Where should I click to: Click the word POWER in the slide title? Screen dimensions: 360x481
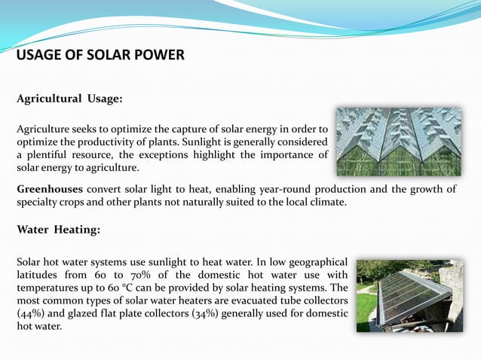coord(157,56)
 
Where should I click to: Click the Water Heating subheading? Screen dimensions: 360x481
coord(57,230)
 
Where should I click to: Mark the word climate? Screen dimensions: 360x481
coord(326,202)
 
